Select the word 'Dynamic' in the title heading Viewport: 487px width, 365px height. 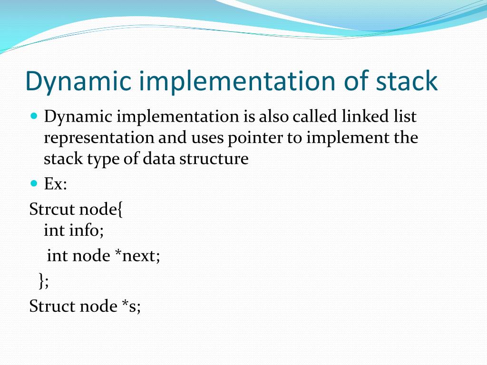(x=78, y=81)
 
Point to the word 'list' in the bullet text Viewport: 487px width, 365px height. (x=407, y=116)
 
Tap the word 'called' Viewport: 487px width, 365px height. (x=314, y=116)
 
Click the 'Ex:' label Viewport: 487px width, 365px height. (x=56, y=184)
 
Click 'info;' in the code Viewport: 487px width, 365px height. (x=87, y=231)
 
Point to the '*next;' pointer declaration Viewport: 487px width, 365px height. (x=137, y=257)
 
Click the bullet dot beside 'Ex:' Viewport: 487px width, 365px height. (x=33, y=183)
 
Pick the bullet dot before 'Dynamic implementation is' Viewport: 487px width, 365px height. (x=33, y=115)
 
